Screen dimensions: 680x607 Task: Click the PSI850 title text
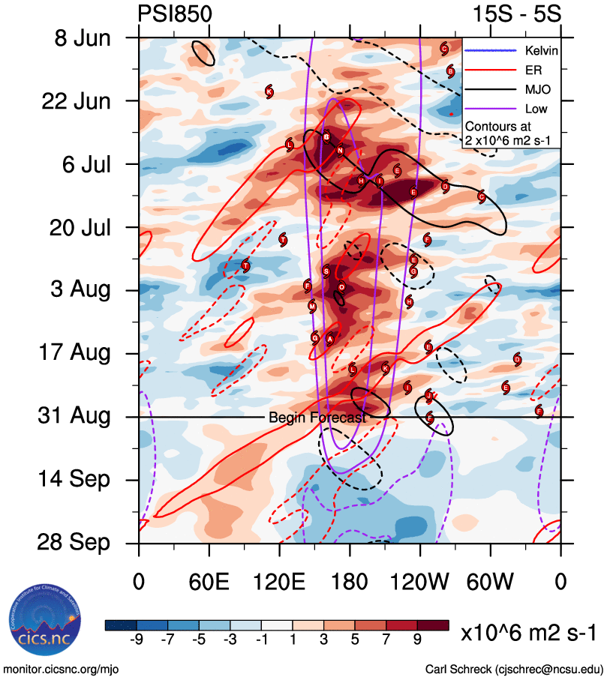coord(176,13)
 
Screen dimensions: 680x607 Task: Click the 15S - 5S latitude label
coord(524,13)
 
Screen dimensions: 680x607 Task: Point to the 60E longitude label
coord(209,581)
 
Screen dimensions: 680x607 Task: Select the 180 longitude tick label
coord(350,581)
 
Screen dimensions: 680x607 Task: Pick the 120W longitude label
coord(420,581)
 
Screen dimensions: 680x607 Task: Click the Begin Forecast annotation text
coord(317,418)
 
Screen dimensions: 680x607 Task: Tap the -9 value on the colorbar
coord(136,639)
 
